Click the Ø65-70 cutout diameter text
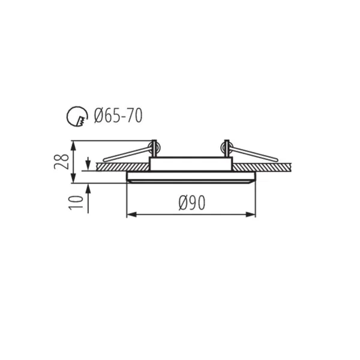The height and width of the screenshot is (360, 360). [118, 115]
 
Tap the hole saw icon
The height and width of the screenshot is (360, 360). [77, 116]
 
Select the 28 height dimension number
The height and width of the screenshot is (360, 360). [62, 161]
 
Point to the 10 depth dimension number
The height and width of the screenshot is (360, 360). [76, 203]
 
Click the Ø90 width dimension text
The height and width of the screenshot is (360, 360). [192, 203]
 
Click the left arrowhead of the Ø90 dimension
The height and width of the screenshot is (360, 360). [131, 215]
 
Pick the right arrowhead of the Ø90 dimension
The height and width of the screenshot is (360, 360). [250, 215]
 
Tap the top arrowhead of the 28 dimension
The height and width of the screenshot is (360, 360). [73, 145]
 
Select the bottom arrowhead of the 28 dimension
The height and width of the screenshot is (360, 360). [73, 178]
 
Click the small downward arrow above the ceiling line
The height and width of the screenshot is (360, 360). [88, 164]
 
